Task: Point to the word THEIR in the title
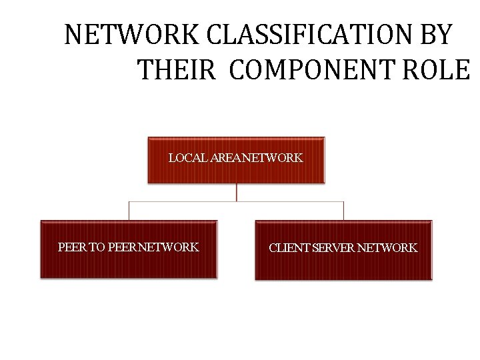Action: pyautogui.click(x=176, y=69)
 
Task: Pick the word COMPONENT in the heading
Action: pyautogui.click(x=313, y=69)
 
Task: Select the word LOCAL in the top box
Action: pyautogui.click(x=187, y=158)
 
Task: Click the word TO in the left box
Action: pyautogui.click(x=97, y=247)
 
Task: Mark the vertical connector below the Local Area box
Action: pyautogui.click(x=236, y=192)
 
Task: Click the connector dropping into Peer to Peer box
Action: pyautogui.click(x=129, y=211)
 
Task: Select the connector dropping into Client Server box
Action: pyautogui.click(x=343, y=211)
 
